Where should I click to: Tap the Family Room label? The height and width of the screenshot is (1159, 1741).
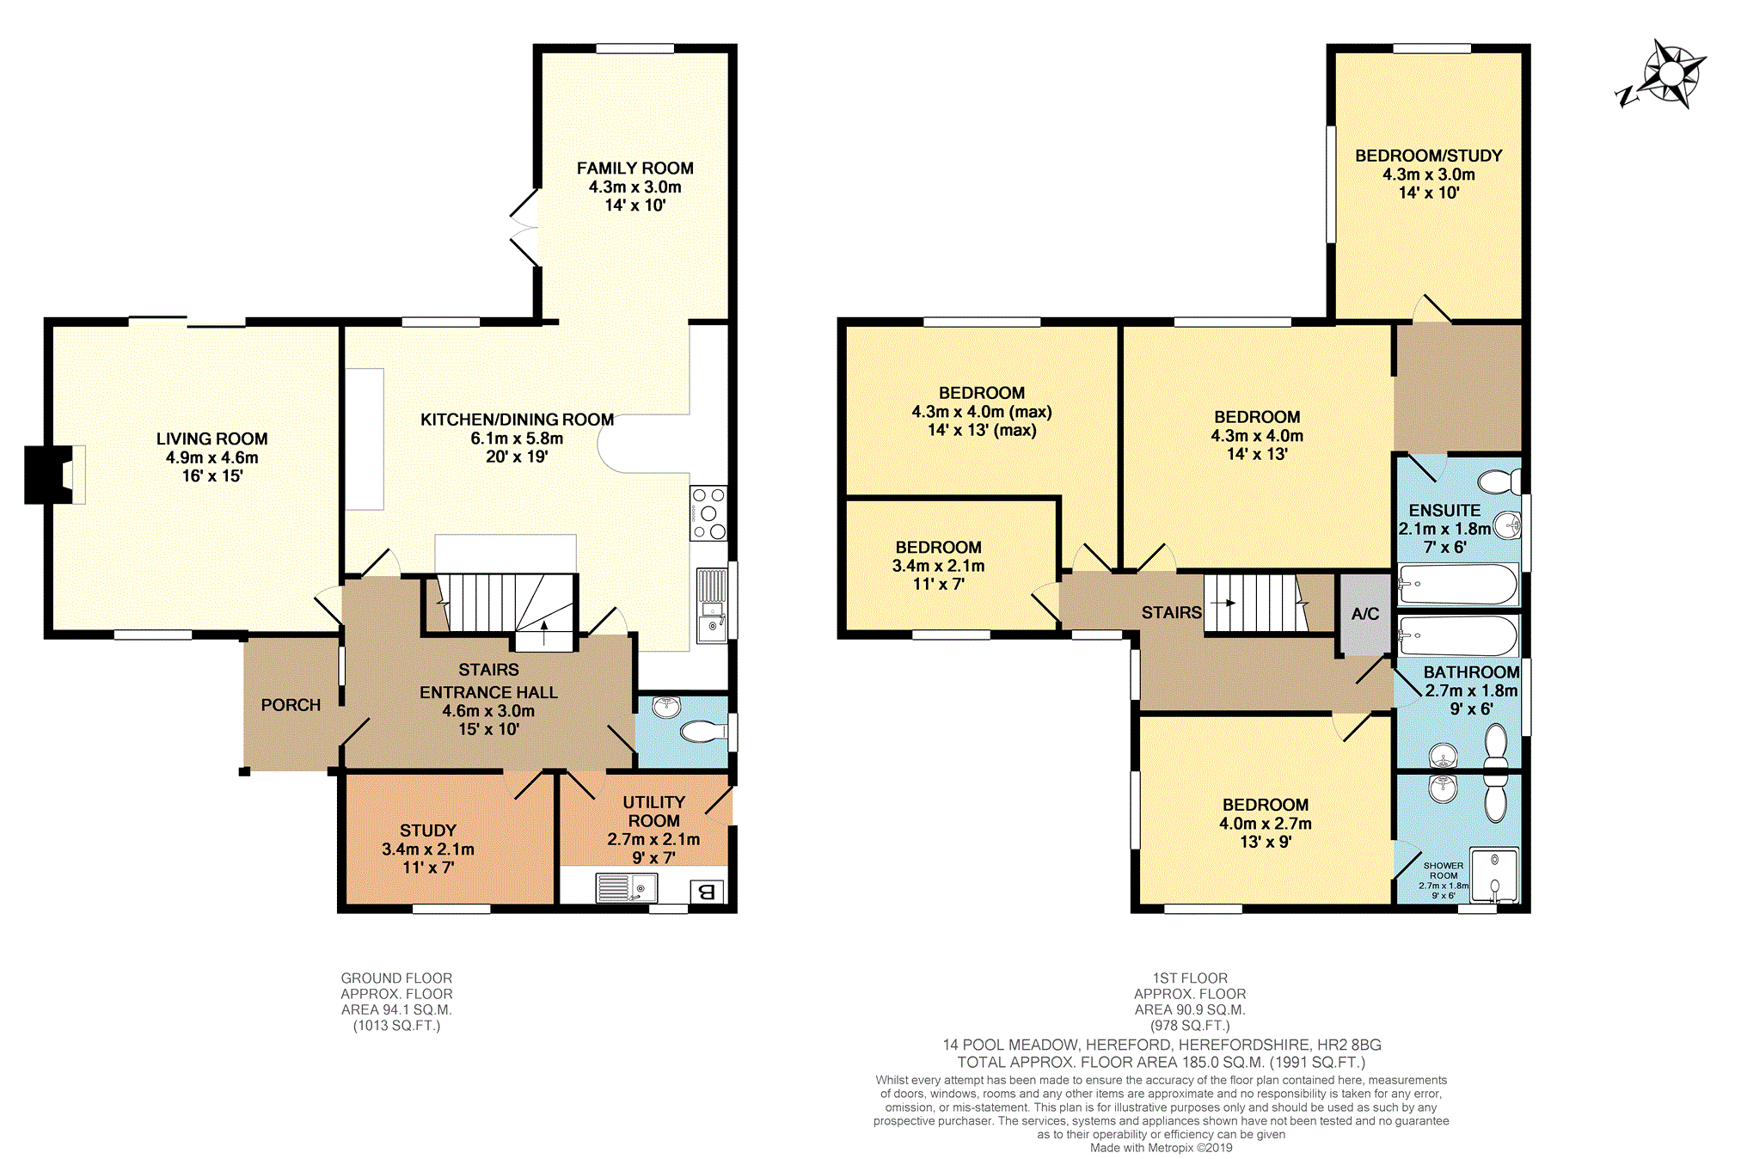(x=634, y=169)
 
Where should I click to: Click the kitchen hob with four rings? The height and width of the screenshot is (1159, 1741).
(x=708, y=513)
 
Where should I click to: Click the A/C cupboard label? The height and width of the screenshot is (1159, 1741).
(x=1365, y=614)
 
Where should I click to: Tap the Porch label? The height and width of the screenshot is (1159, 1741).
(x=291, y=705)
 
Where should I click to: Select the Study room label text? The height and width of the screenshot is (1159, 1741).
(x=427, y=831)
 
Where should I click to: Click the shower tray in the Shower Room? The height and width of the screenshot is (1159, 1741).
(x=1494, y=875)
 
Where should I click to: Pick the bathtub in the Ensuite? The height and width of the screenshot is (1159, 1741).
(x=1457, y=585)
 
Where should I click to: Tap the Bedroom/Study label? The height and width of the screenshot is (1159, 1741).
(x=1429, y=156)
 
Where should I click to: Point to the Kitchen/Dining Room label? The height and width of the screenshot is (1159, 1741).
(x=517, y=420)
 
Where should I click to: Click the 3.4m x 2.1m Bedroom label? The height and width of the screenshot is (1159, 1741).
(x=938, y=566)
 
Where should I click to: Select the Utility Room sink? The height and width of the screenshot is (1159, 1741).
(x=627, y=888)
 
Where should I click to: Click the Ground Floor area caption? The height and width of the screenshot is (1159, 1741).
(x=396, y=1002)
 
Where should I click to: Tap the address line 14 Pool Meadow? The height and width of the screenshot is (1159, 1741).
(x=1162, y=1045)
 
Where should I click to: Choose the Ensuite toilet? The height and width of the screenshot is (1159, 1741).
(x=1499, y=481)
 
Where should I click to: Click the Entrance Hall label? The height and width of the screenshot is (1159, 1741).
(x=488, y=692)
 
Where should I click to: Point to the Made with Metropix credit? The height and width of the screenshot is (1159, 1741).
(x=1161, y=1148)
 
